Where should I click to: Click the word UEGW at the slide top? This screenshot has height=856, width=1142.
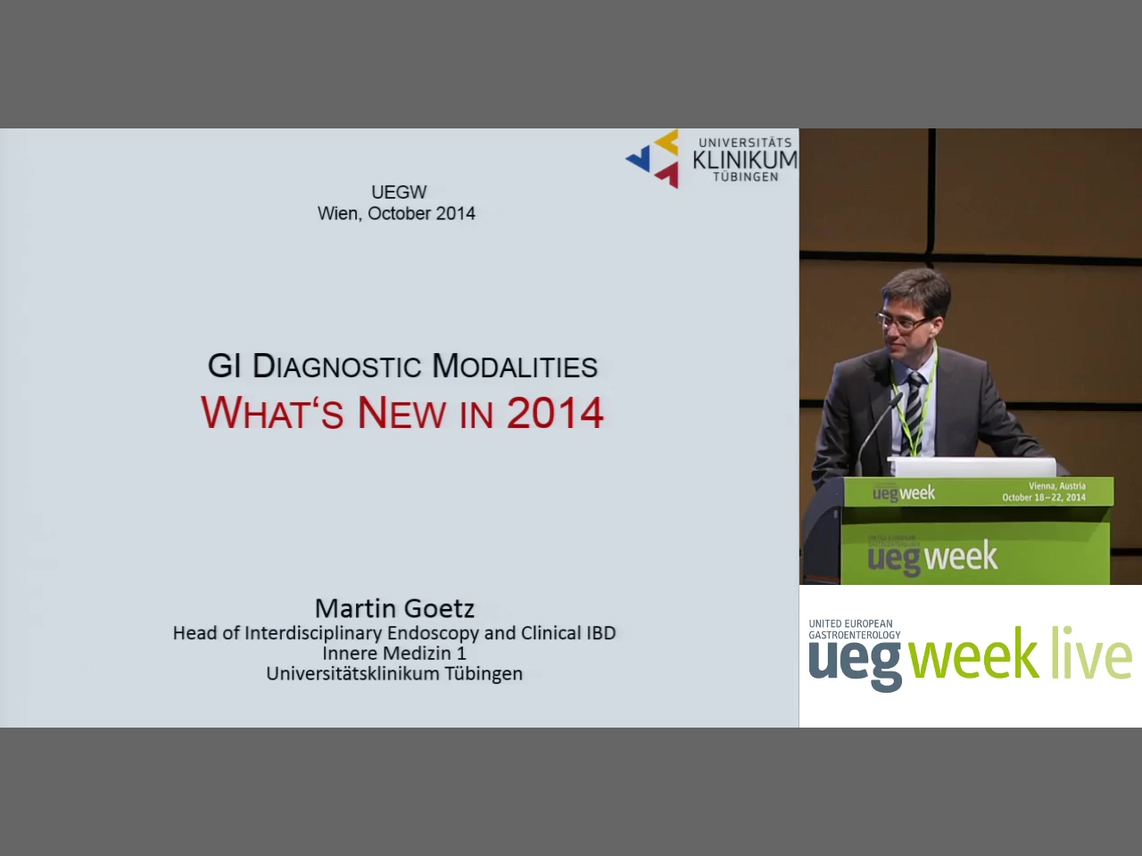[399, 193]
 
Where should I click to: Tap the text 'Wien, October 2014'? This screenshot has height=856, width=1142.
[396, 214]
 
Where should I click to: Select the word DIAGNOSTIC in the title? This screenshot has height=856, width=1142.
[336, 366]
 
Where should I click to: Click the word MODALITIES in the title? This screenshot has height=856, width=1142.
[515, 366]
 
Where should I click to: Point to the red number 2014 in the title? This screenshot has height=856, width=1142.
[555, 413]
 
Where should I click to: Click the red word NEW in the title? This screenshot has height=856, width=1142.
[401, 413]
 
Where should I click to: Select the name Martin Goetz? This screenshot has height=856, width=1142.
[395, 609]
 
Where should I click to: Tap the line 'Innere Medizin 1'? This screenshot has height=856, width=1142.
[394, 654]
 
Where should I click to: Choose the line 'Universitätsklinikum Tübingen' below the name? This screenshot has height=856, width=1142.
[394, 673]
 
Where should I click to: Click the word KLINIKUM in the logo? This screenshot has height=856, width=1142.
[745, 160]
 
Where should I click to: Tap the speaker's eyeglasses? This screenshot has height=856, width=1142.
[902, 322]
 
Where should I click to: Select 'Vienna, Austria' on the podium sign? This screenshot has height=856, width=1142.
[1057, 486]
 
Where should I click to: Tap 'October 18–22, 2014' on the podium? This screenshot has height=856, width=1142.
[1044, 498]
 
